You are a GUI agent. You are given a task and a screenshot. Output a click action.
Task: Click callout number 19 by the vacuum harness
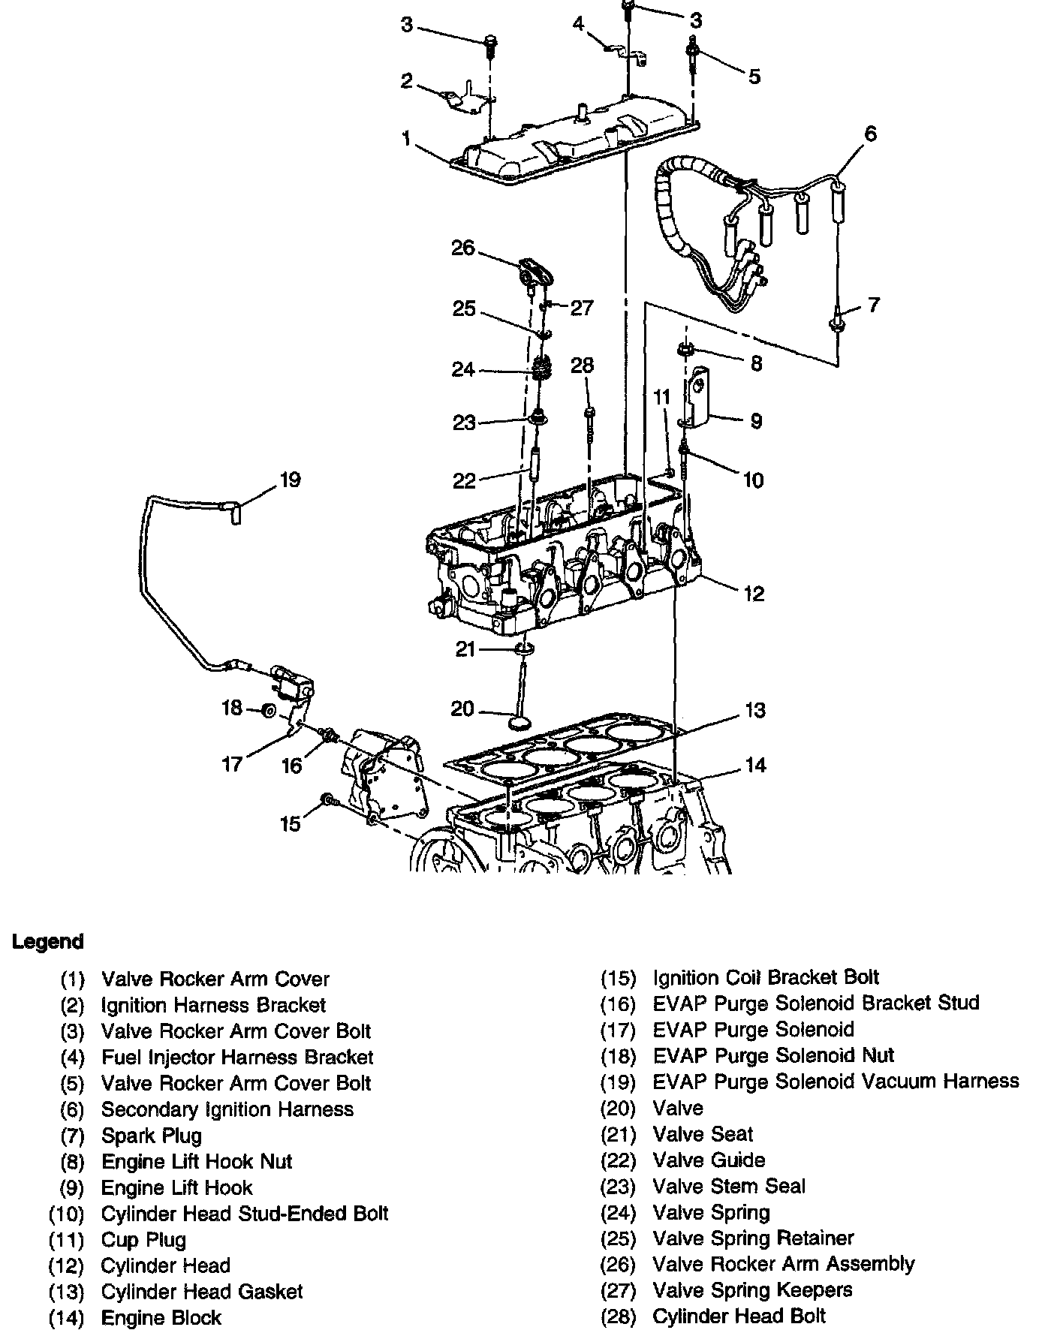[290, 480]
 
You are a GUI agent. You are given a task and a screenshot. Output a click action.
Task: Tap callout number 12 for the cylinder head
[754, 594]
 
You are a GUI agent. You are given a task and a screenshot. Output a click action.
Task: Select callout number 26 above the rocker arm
[462, 248]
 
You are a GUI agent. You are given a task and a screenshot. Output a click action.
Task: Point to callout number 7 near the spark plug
[873, 305]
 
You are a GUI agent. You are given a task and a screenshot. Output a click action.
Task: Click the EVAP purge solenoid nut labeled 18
[268, 710]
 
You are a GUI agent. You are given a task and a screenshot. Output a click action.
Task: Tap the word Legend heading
[48, 942]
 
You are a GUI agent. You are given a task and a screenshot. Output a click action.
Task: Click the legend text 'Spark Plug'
[152, 1136]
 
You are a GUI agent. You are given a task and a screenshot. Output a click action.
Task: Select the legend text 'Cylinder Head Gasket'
[202, 1292]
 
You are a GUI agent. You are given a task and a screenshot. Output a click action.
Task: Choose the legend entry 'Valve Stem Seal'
[729, 1187]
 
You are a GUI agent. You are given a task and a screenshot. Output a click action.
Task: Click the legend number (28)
[618, 1316]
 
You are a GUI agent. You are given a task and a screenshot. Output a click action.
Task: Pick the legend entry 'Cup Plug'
[143, 1240]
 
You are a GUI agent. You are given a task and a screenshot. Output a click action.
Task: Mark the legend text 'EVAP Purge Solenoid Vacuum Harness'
[836, 1082]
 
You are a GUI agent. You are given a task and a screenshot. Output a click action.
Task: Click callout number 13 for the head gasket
[754, 710]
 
